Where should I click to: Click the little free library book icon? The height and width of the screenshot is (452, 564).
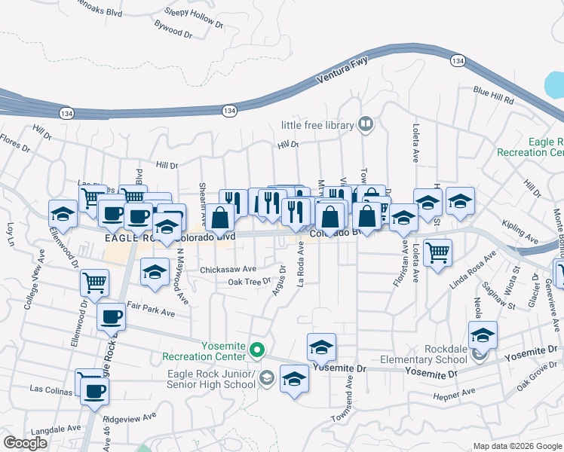point(366,124)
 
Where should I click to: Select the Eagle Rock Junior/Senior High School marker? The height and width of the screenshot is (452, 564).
point(266,378)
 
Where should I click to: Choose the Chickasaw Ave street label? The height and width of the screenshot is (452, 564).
point(228,269)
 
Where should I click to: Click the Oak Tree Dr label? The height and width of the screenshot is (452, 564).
point(249,282)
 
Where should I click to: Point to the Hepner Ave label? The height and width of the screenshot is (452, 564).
point(458,392)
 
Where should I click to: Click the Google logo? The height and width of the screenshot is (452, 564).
point(26,443)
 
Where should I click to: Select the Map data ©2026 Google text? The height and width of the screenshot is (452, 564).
point(516,446)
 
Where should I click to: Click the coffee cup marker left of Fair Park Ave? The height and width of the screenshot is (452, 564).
point(111,316)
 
